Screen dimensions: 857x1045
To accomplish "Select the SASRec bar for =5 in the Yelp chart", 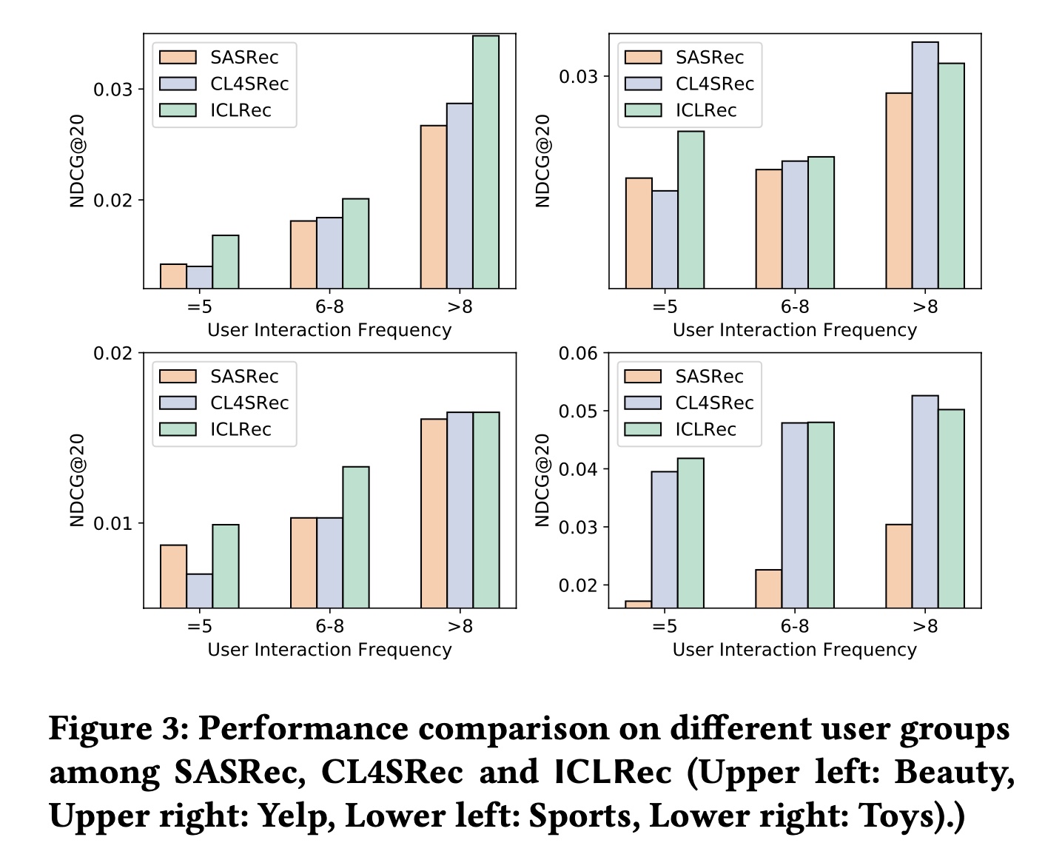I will [639, 232].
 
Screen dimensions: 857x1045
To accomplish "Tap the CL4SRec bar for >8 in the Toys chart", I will [924, 501].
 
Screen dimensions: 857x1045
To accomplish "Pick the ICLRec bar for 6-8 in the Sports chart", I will [355, 537].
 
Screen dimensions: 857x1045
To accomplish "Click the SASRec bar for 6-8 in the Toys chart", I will [768, 588].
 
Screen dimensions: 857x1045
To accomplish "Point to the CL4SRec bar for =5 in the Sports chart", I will [199, 591].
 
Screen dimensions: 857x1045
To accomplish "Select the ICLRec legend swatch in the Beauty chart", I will [178, 110].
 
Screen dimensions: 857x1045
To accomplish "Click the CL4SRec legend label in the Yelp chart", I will [714, 84].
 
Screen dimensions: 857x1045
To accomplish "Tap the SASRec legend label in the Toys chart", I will [709, 376].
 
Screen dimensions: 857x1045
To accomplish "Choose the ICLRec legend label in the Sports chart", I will [241, 429].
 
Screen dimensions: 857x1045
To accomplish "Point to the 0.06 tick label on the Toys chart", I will [578, 353].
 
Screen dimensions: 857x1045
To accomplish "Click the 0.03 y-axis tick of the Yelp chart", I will [578, 76].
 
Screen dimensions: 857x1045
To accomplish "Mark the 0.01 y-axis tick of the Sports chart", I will [112, 523].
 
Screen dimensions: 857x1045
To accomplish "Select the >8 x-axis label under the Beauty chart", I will [460, 306].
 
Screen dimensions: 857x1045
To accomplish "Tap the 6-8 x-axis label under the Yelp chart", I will [794, 306].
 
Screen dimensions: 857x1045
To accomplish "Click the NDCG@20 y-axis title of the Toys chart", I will [542, 480].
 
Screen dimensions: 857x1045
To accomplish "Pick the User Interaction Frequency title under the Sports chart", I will [329, 650].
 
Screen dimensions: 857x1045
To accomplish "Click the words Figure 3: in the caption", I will [118, 728].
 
